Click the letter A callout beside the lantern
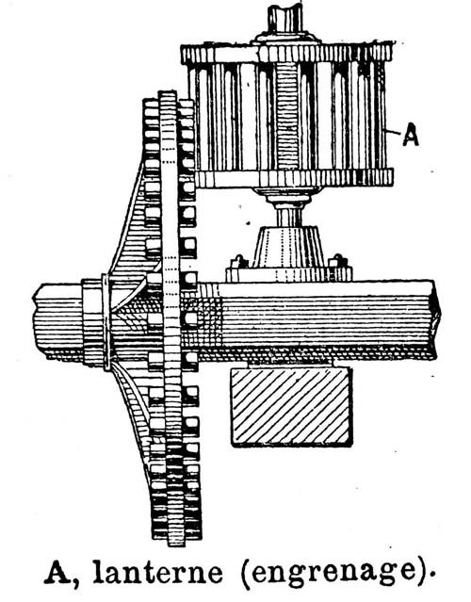tap(411, 137)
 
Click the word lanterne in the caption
tap(157, 573)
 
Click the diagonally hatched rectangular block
tap(291, 406)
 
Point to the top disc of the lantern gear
tap(287, 54)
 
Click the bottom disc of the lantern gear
tap(294, 178)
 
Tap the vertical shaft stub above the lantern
tap(285, 19)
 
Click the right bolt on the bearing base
tap(338, 261)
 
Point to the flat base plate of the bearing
tap(288, 274)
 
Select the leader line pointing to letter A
tap(394, 132)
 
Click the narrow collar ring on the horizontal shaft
tap(106, 322)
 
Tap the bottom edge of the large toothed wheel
tap(176, 543)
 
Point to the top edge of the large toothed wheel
tap(168, 93)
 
